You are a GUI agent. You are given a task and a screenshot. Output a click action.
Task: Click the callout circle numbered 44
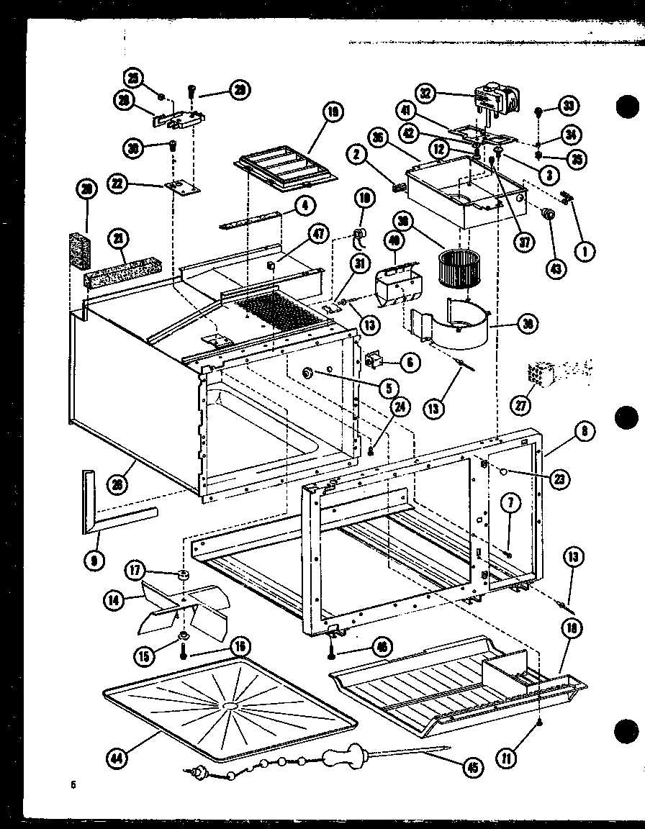coord(114,756)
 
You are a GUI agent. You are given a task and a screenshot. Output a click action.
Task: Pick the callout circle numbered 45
coord(473,769)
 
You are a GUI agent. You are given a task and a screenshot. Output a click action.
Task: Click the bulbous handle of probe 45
coord(346,758)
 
